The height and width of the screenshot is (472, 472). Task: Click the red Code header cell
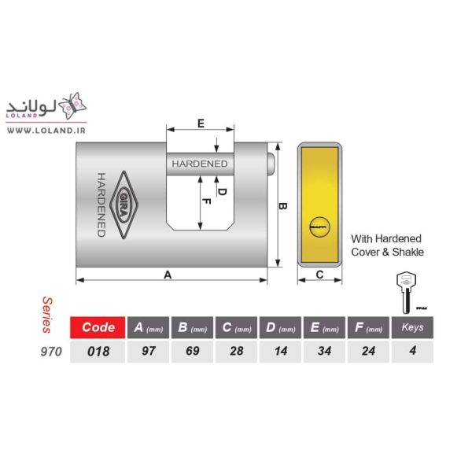pyautogui.click(x=98, y=327)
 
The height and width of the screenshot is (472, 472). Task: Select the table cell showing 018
pyautogui.click(x=98, y=352)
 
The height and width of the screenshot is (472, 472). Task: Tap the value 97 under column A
pyautogui.click(x=148, y=351)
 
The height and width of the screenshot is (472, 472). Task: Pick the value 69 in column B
pyautogui.click(x=193, y=351)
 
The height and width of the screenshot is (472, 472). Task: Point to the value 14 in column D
pyautogui.click(x=281, y=351)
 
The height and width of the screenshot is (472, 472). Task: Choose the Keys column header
pyautogui.click(x=412, y=327)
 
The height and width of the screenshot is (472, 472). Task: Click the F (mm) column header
pyautogui.click(x=368, y=327)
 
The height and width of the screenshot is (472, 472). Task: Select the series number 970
pyautogui.click(x=51, y=352)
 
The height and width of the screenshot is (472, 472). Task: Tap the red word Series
pyautogui.click(x=47, y=315)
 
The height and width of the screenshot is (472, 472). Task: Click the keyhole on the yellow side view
pyautogui.click(x=319, y=227)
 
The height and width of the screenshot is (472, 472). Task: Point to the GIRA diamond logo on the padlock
pyautogui.click(x=124, y=205)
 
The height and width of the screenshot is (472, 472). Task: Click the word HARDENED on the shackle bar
pyautogui.click(x=200, y=164)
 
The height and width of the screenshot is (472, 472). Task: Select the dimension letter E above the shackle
pyautogui.click(x=201, y=124)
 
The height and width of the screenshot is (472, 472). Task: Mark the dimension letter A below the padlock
pyautogui.click(x=168, y=275)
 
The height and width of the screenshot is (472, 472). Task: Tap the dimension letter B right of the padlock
pyautogui.click(x=282, y=206)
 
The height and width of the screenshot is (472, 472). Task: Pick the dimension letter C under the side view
pyautogui.click(x=319, y=275)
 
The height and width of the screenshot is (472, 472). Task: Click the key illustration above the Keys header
pyautogui.click(x=407, y=293)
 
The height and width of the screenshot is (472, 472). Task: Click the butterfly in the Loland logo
pyautogui.click(x=72, y=105)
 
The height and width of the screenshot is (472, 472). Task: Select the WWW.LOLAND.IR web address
pyautogui.click(x=46, y=131)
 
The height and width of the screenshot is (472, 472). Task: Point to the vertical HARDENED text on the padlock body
pyautogui.click(x=101, y=205)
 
